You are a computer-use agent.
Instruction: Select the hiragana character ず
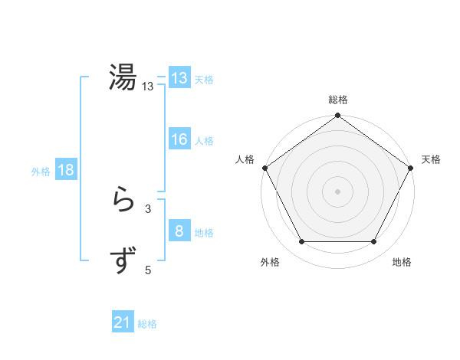tap(123, 261)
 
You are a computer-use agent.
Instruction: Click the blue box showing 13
tap(179, 77)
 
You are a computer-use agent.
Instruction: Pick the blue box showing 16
tap(179, 139)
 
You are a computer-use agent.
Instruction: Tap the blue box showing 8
tap(179, 231)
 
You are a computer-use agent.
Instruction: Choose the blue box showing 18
tap(66, 170)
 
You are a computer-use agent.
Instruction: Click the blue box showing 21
tap(123, 323)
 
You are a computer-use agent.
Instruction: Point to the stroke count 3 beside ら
tap(148, 208)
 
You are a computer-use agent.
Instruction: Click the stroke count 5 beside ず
tap(148, 270)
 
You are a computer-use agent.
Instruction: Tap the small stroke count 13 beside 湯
tap(148, 87)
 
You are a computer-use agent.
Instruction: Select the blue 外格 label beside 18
tap(41, 172)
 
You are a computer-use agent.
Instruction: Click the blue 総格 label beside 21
tap(147, 324)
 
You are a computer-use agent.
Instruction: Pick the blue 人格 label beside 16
tap(204, 141)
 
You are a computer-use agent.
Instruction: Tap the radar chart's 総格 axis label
tap(337, 100)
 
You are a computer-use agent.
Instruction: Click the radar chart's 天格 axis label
tap(432, 159)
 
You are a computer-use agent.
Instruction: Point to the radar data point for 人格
tap(264, 168)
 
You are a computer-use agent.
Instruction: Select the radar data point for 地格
tap(373, 242)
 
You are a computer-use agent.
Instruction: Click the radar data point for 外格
tap(301, 242)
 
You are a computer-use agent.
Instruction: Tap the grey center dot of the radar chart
tap(337, 191)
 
